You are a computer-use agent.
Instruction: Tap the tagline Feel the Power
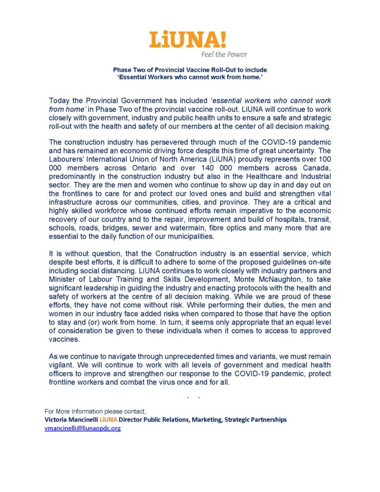pos(224,54)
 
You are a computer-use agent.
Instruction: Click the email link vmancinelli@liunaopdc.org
pos(82,428)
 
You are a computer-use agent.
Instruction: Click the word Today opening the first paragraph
pos(60,101)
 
